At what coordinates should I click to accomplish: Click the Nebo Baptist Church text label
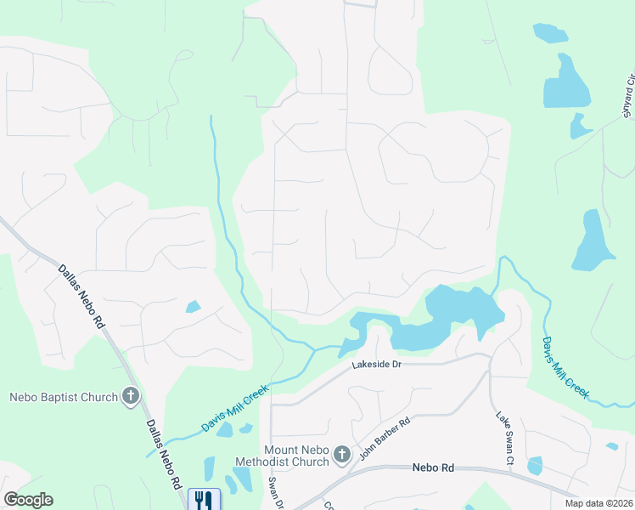tap(63, 397)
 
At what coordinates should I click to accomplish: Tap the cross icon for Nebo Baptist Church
tap(131, 396)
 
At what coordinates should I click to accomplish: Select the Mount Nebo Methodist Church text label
tap(296, 456)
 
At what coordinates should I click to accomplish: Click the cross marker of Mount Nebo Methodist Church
tap(341, 456)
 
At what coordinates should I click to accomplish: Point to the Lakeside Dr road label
tap(382, 365)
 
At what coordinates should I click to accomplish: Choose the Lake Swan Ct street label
tap(504, 439)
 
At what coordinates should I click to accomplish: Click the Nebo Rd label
tap(435, 467)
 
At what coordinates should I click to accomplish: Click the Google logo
tap(28, 500)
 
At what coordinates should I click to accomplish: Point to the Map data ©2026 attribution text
tap(599, 503)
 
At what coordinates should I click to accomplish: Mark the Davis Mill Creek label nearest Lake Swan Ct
tap(565, 367)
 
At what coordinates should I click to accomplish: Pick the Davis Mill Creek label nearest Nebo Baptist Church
tap(235, 407)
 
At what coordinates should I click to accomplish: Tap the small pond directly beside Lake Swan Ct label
tap(534, 465)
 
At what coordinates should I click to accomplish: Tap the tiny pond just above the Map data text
tap(612, 446)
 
